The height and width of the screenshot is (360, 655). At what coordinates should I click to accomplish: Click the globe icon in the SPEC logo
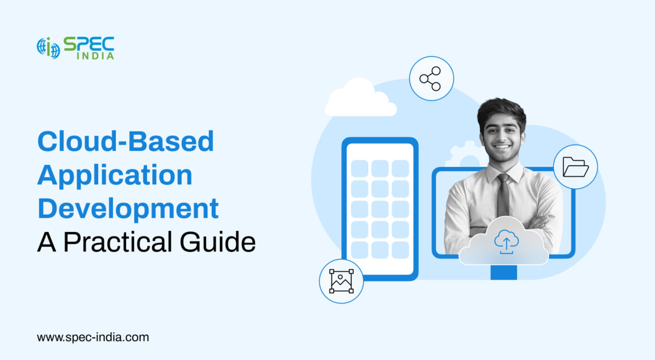(48, 48)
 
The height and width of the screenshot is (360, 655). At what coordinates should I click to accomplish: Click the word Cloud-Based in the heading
(125, 142)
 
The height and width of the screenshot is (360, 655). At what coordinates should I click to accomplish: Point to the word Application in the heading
(115, 176)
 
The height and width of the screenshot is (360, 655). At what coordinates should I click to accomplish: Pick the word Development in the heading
(128, 209)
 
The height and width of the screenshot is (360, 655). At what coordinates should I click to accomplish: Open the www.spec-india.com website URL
(93, 337)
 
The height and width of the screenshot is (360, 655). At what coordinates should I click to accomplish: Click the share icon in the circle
(431, 79)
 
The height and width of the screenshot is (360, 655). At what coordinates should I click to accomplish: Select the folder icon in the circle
(575, 167)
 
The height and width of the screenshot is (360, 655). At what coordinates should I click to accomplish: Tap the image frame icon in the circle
(342, 281)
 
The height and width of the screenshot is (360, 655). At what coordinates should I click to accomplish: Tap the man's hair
(501, 109)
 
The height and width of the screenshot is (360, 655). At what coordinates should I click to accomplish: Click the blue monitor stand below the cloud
(503, 272)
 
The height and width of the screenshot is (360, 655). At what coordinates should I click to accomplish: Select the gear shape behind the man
(466, 155)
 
